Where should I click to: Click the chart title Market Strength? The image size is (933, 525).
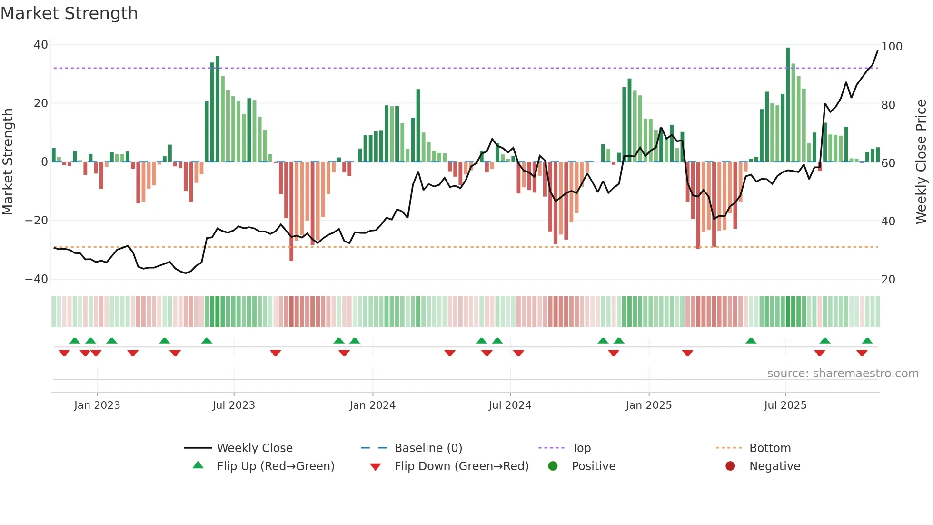69,13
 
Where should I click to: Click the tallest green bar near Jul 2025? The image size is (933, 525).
788,105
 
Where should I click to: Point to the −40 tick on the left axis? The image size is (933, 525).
37,279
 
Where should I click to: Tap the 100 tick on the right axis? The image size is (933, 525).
892,47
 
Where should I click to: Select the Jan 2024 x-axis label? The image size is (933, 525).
372,405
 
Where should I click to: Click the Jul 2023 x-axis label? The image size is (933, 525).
234,405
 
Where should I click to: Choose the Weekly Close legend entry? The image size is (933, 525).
254,448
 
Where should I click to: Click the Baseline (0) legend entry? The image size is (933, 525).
428,448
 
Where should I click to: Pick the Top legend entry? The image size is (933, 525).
581,448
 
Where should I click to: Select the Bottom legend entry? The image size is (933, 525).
770,448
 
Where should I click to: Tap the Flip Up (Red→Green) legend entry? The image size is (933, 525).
275,466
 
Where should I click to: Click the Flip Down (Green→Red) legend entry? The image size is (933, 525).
461,466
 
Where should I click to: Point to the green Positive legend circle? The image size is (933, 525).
553,466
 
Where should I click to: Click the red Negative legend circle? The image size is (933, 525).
730,466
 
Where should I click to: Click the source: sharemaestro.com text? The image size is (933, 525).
843,374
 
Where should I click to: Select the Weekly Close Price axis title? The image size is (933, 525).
921,162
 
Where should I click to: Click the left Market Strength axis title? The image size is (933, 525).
8,162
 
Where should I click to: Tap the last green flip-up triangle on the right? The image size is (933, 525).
867,341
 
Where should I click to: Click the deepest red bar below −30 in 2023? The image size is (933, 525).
291,212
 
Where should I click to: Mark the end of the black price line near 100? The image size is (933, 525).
877,51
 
